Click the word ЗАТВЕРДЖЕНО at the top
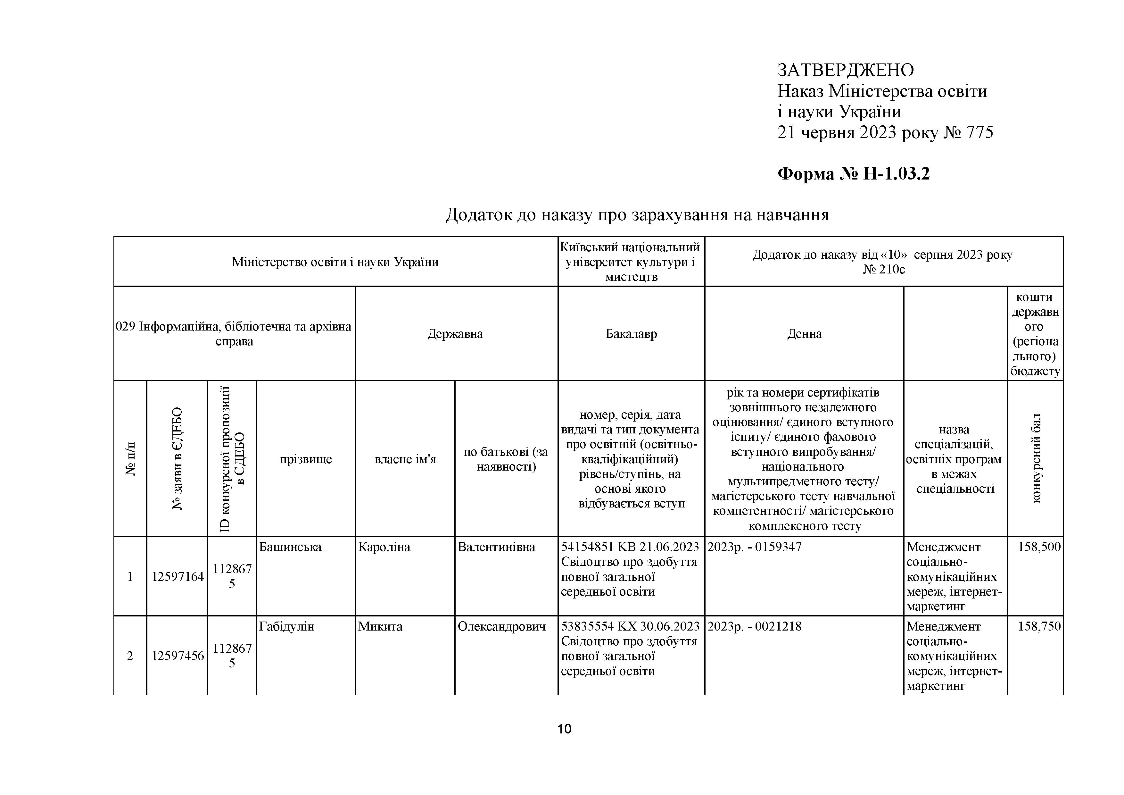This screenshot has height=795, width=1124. [x=846, y=71]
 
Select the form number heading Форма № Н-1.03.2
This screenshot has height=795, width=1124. [x=853, y=174]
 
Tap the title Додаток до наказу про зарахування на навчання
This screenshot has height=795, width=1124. [x=637, y=214]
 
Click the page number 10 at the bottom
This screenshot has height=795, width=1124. [x=564, y=729]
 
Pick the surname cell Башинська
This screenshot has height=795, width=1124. [x=290, y=547]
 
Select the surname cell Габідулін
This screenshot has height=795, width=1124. [x=286, y=626]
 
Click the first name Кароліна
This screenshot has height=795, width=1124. [x=384, y=547]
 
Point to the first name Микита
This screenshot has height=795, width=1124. [x=380, y=626]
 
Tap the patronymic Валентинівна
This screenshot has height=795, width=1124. [x=496, y=547]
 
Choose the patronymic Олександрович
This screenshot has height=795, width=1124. [x=501, y=626]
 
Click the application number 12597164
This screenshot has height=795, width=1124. [x=177, y=576]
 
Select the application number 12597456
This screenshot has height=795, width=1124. [x=177, y=656]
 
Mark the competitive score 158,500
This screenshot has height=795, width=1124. [x=1039, y=547]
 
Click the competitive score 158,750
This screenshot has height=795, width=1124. [x=1039, y=626]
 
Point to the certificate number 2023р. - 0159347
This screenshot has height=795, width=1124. [x=754, y=547]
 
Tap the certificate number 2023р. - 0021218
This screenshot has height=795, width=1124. [x=754, y=626]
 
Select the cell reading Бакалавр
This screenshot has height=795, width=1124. [x=631, y=334]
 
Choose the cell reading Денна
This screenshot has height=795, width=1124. [x=804, y=334]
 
